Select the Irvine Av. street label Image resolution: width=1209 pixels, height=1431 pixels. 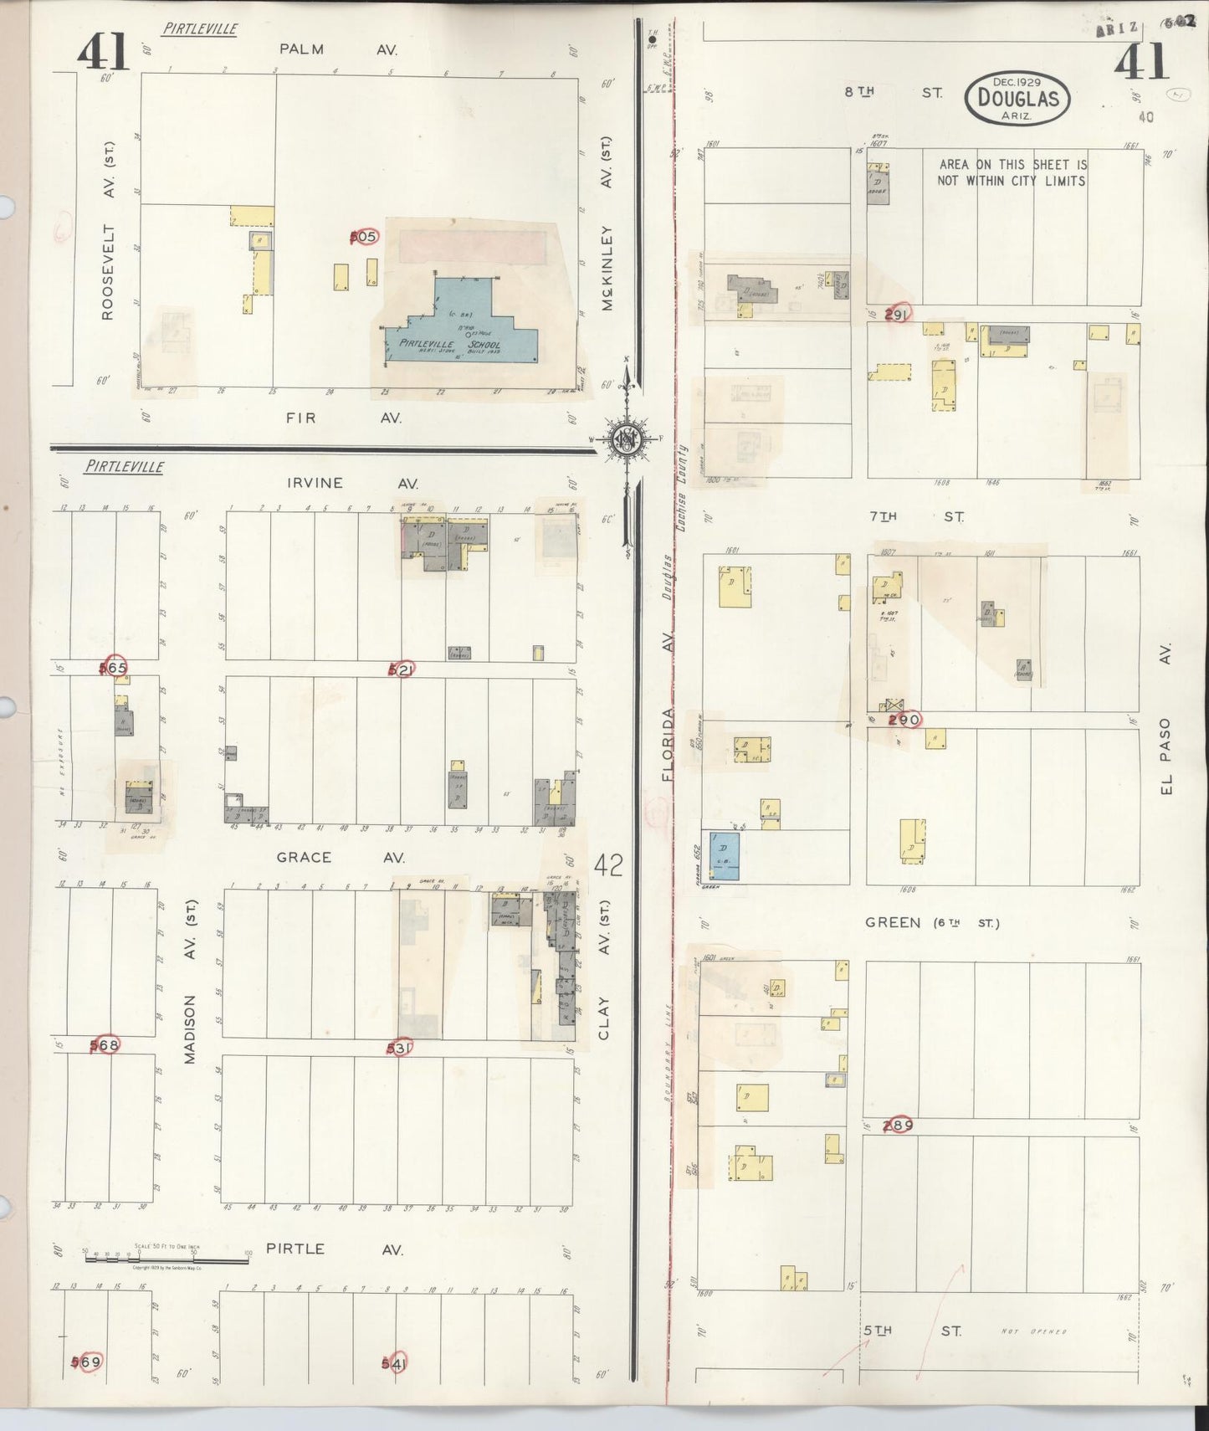coord(351,483)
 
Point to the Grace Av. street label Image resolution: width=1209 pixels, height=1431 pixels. coord(341,857)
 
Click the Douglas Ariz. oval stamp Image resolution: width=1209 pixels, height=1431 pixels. coord(1017,99)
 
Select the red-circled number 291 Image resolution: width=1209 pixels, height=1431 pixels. coord(896,315)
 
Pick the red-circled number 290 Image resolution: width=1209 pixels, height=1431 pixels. coord(904,720)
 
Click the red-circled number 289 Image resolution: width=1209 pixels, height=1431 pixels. coord(898,1125)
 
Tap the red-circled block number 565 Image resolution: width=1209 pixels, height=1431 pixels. coord(113,668)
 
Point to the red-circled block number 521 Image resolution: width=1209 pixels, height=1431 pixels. coord(402,669)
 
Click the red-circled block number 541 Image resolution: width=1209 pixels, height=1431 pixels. coord(394,1364)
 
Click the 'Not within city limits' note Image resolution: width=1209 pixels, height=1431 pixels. coord(1012,172)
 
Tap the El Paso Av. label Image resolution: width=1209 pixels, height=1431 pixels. coord(1165,720)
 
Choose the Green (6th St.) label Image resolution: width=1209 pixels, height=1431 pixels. coord(931,922)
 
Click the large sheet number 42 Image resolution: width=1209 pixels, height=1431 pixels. coord(608,864)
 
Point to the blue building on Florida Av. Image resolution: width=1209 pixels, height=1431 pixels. coord(724,855)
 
